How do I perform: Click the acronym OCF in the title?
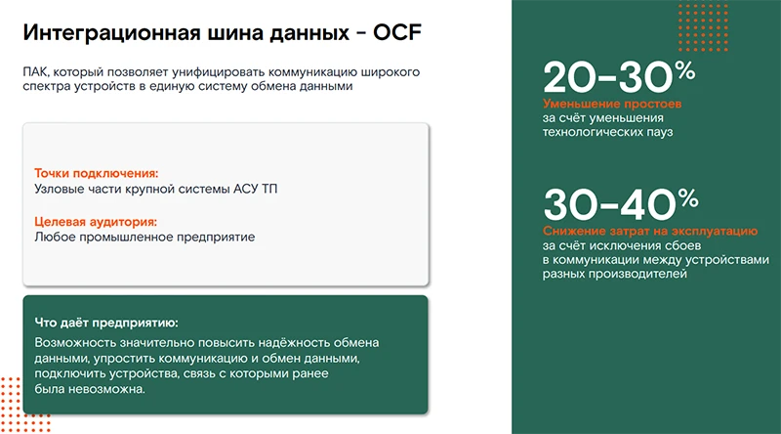393,33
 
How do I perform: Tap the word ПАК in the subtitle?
36,72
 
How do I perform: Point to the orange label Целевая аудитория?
95,222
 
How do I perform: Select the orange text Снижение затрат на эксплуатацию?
650,230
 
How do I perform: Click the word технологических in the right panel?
592,132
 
